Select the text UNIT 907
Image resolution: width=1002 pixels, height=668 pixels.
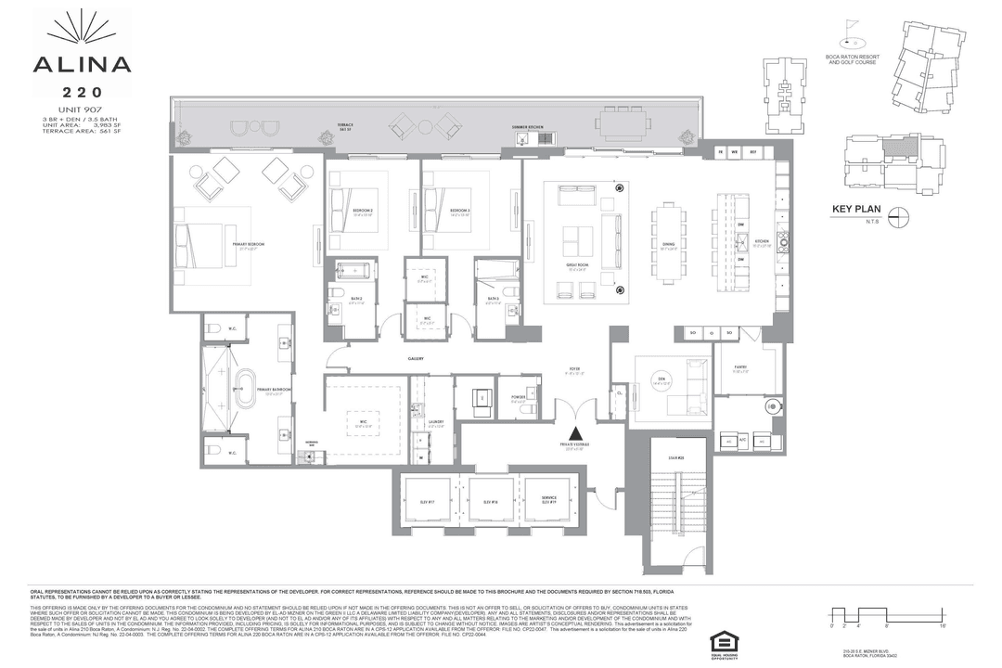tap(82, 110)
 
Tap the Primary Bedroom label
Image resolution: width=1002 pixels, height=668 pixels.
tap(251, 244)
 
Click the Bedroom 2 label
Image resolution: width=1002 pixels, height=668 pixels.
tap(362, 212)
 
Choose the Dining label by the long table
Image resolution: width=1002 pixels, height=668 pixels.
tap(668, 246)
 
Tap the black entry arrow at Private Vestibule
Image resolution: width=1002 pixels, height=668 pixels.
tap(576, 432)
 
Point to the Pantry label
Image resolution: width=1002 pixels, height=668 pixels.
tap(740, 368)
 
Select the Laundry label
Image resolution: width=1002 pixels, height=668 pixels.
tap(437, 422)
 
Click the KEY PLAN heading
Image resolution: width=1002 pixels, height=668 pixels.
tap(857, 210)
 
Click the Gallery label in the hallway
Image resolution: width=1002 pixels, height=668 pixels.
tap(416, 358)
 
